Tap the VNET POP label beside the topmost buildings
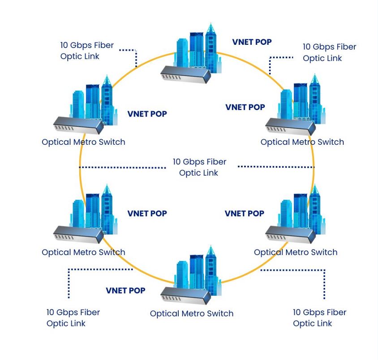pos(252,42)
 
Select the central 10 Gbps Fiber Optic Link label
pos(199,167)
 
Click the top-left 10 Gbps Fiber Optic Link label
pos(87,51)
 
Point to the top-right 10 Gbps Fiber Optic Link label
pos(329,52)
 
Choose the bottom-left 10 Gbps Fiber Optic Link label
pos(73,317)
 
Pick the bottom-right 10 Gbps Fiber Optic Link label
pos(319,317)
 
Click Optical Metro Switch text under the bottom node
pos(191,313)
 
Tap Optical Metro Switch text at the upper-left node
pos(83,142)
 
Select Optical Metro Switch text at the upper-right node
pos(302,142)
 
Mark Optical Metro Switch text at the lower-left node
pos(83,252)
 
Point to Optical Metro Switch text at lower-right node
pos(295,252)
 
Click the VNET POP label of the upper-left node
pos(147,114)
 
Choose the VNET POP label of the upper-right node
pos(245,107)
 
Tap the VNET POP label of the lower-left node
pos(147,213)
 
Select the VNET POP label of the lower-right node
pos(244,213)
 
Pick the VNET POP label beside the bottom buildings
pos(125,291)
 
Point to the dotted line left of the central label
pos(122,167)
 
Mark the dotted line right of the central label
pos(275,167)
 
